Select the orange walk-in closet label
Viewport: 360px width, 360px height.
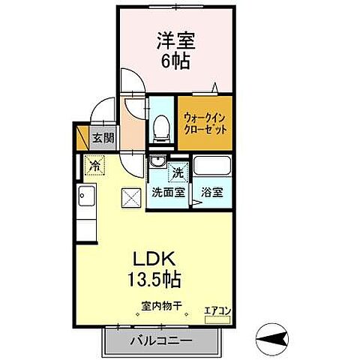(205, 121)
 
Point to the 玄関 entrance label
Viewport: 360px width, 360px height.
(102, 139)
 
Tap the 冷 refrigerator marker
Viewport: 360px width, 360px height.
(95, 164)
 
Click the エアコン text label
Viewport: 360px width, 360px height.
(218, 310)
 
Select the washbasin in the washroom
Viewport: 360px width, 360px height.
(157, 162)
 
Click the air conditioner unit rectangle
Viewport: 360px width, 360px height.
(218, 319)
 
